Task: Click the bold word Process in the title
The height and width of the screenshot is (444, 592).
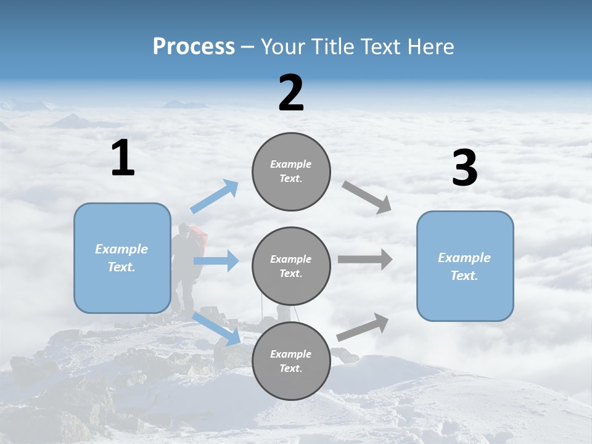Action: [194, 47]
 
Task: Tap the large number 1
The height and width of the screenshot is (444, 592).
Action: [123, 158]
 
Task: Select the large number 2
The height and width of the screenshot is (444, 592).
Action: [291, 93]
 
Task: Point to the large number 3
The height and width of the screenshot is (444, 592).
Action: [465, 168]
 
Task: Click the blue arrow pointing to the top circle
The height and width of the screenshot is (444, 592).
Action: [214, 197]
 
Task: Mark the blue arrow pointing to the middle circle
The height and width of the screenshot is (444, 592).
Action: [216, 261]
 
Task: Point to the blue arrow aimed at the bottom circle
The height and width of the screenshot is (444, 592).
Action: [216, 328]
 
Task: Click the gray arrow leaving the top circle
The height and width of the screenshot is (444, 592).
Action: [367, 197]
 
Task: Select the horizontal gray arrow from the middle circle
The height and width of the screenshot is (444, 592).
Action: [365, 259]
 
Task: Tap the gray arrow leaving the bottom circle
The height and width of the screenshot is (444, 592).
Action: [363, 327]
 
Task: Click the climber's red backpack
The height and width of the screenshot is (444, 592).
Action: [197, 235]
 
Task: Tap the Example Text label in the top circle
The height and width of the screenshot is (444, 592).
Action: [291, 171]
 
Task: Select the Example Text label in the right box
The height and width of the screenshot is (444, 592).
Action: [464, 266]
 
